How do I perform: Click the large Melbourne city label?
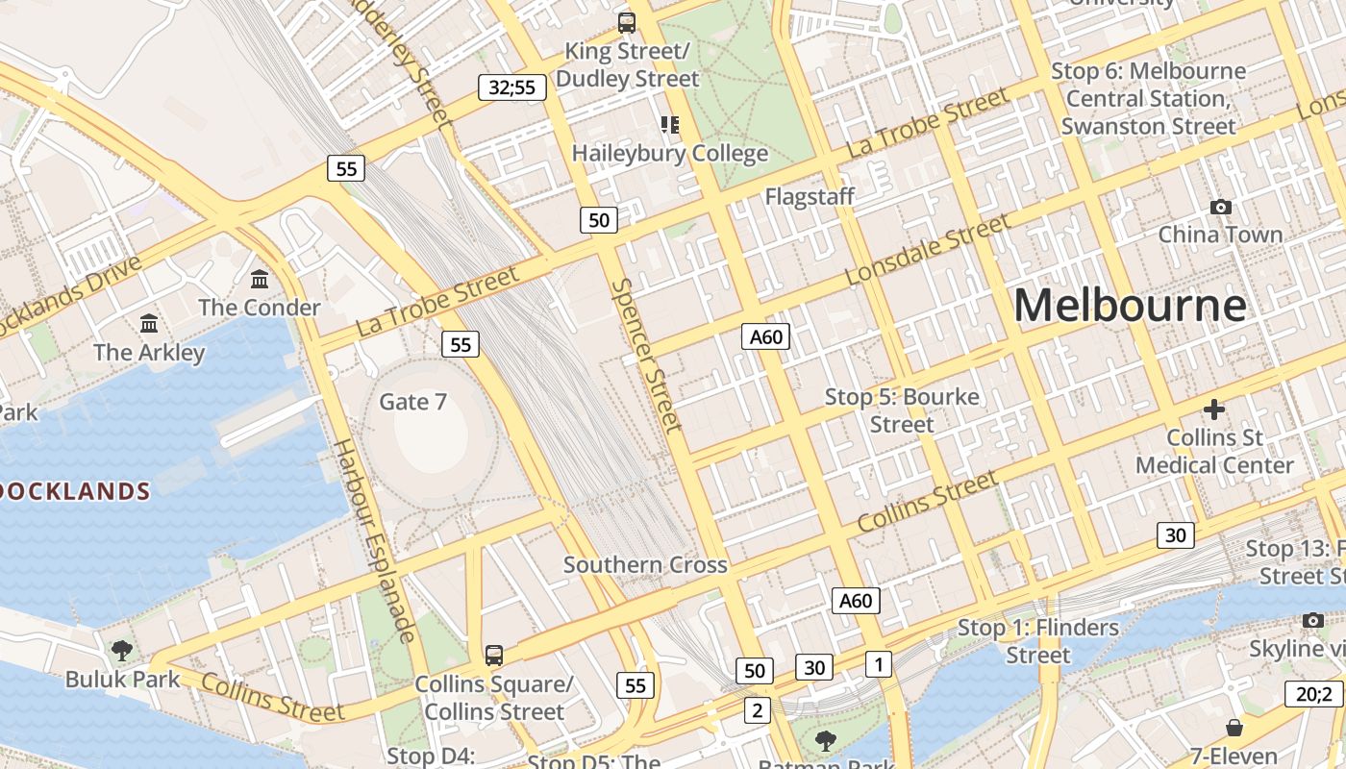(x=1130, y=306)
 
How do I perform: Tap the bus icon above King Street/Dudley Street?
(x=627, y=22)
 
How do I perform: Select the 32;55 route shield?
(x=511, y=88)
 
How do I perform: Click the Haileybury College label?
(x=670, y=153)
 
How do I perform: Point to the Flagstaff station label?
(x=810, y=197)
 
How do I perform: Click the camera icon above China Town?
(x=1220, y=207)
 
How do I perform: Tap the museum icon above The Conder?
(x=260, y=280)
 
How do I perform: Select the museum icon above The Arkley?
(x=149, y=324)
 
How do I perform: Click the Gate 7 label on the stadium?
(x=413, y=401)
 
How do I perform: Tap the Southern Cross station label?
(x=645, y=564)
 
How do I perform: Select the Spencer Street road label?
(x=646, y=356)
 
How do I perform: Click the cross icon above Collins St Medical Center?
(x=1213, y=409)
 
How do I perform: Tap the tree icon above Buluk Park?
(x=122, y=651)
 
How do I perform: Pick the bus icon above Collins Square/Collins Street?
(x=493, y=656)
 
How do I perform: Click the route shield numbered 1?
(x=878, y=663)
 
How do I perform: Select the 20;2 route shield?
(x=1313, y=694)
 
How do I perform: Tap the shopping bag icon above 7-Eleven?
(x=1234, y=728)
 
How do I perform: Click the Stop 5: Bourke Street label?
(x=902, y=410)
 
